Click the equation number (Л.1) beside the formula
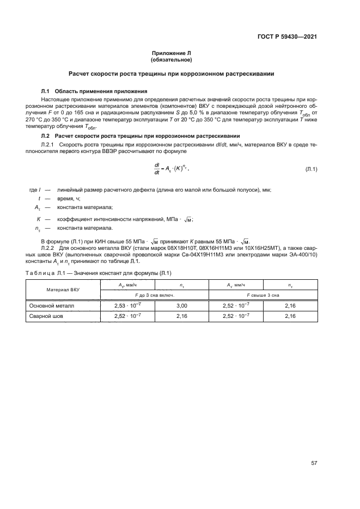coord(310,170)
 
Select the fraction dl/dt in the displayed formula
coord(157,170)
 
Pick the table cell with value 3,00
coord(181,306)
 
